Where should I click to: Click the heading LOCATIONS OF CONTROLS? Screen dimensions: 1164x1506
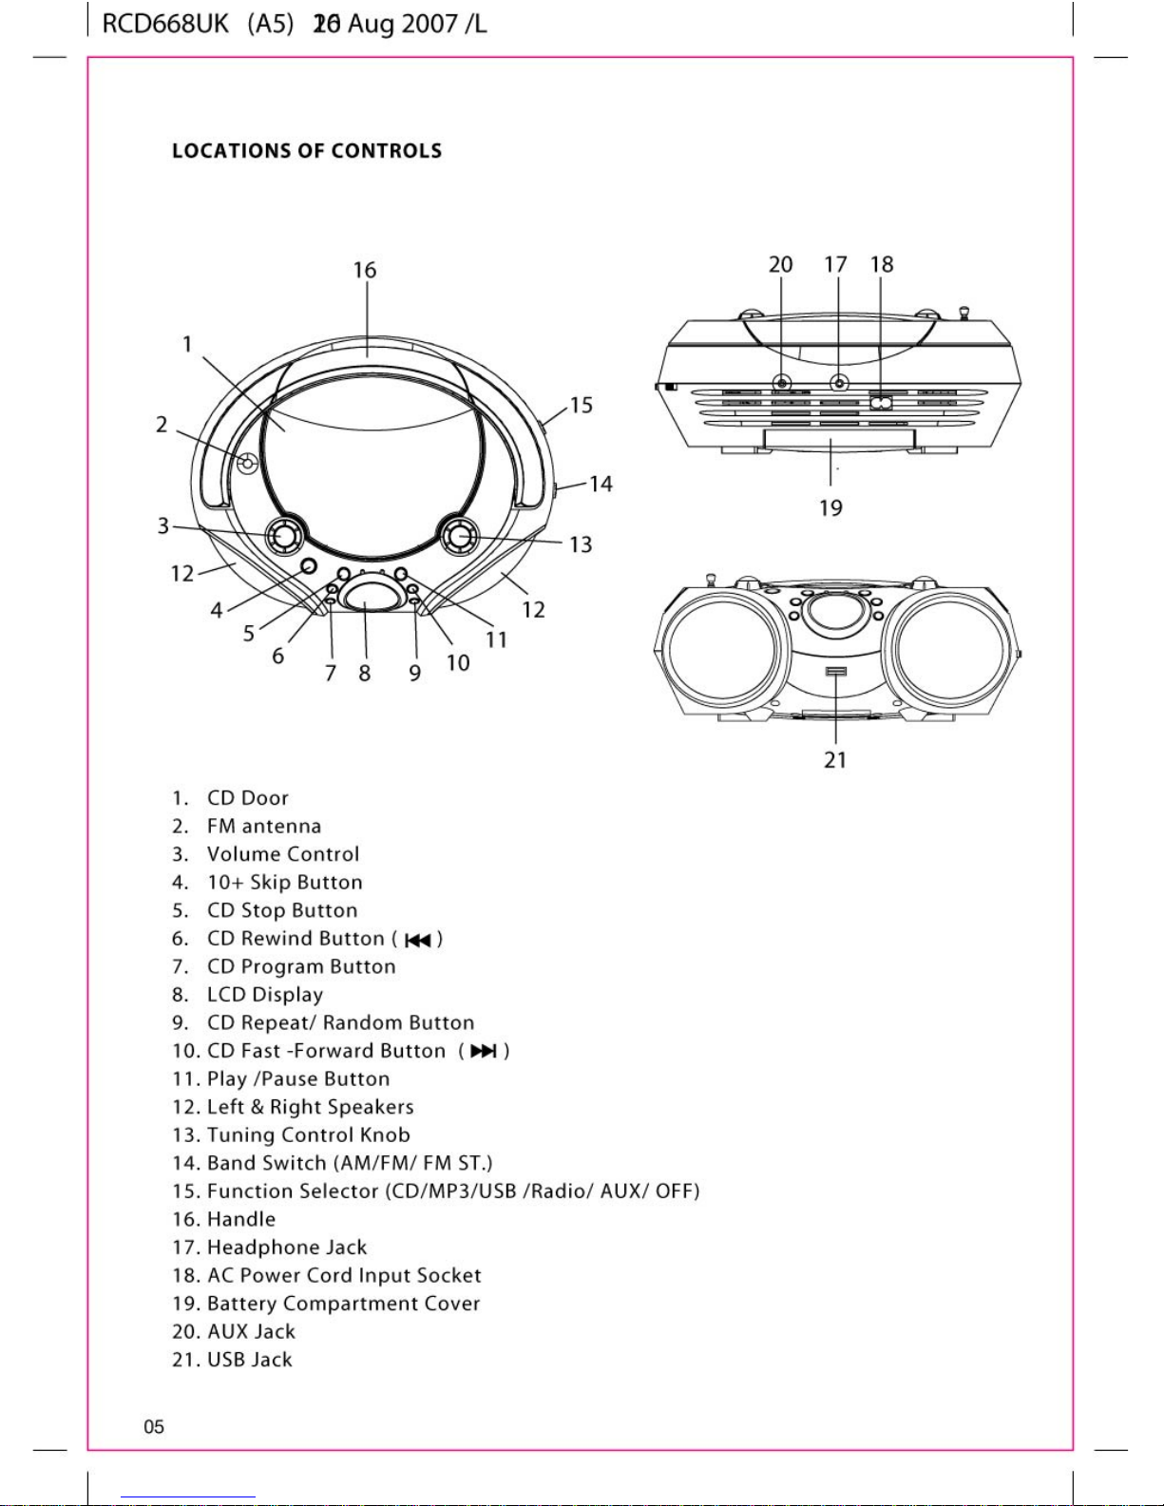307,151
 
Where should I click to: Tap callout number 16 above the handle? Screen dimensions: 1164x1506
365,270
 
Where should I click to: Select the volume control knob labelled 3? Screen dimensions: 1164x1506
284,536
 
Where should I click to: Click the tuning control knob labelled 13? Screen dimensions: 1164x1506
459,536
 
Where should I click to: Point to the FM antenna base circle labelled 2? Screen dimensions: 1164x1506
247,463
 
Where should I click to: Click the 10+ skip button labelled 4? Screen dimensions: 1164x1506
308,566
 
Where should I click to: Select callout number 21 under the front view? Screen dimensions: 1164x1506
835,759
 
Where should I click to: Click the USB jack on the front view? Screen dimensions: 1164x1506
836,672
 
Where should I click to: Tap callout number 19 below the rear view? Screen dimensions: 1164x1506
830,508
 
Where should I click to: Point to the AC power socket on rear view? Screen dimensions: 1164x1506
881,402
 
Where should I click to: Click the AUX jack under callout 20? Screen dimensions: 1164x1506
781,383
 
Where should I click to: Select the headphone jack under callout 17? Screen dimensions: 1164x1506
839,383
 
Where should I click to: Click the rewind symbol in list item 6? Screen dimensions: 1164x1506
417,941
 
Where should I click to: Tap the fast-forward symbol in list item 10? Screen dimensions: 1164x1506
483,1052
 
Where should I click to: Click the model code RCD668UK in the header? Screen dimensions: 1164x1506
165,25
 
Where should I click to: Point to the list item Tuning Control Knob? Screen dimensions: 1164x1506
308,1135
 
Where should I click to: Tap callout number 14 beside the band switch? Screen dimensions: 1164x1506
601,484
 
